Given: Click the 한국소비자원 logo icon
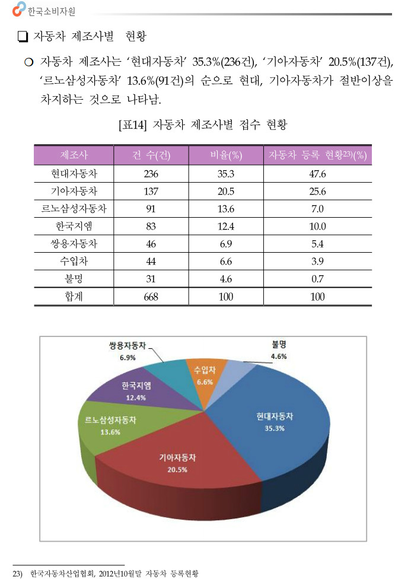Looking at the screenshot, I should point(19,8).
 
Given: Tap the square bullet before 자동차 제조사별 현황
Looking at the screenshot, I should point(24,37).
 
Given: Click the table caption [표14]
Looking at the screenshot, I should point(133,125).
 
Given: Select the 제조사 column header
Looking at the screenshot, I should point(74,156).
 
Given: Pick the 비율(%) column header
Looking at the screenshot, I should point(226,156).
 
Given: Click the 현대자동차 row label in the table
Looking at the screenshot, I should point(74,174).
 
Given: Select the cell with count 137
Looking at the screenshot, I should point(151,192).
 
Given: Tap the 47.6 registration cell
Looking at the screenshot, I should point(318,174).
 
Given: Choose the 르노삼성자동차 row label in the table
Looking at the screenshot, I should point(74,209).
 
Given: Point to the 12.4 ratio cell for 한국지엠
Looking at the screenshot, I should point(226,226).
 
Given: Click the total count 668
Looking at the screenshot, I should point(151,297).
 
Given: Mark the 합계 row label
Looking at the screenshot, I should point(74,297).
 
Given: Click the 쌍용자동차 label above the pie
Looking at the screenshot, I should point(128,348).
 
